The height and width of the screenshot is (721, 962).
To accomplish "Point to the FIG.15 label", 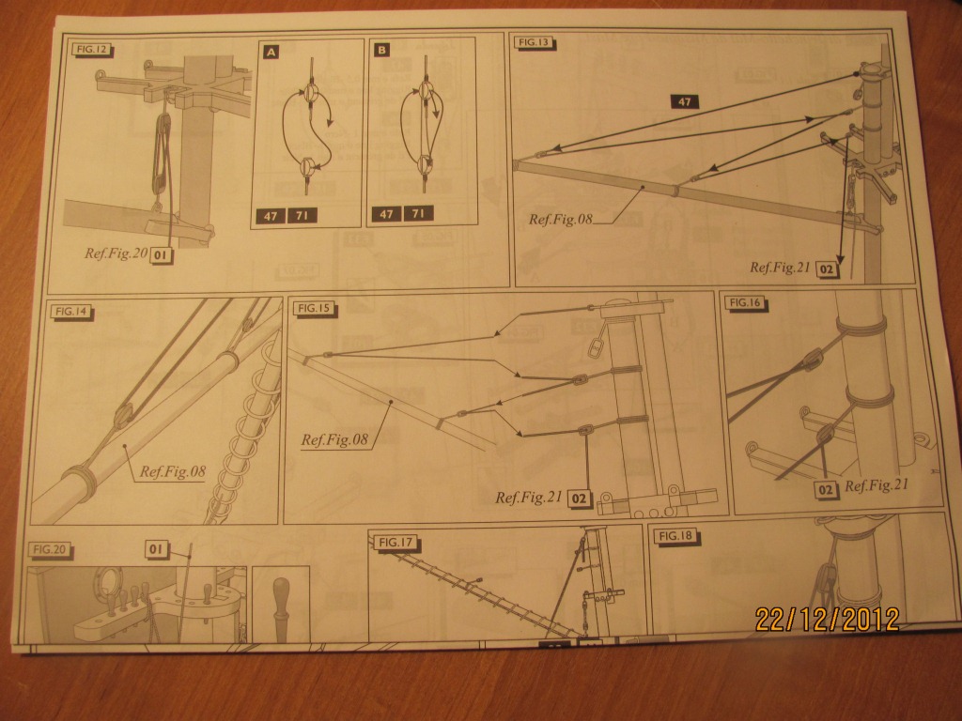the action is click(310, 308).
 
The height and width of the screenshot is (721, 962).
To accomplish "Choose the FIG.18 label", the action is click(675, 536).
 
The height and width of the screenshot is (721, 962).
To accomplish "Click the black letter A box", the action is click(271, 53).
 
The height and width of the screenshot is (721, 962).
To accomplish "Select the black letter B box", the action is click(381, 53).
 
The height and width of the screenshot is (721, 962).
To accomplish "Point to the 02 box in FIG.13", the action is click(827, 268).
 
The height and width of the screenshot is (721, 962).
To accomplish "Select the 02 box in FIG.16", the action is click(827, 488).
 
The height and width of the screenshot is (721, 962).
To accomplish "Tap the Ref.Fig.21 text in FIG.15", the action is click(528, 498).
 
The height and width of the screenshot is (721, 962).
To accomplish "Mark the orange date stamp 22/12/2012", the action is click(827, 619).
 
